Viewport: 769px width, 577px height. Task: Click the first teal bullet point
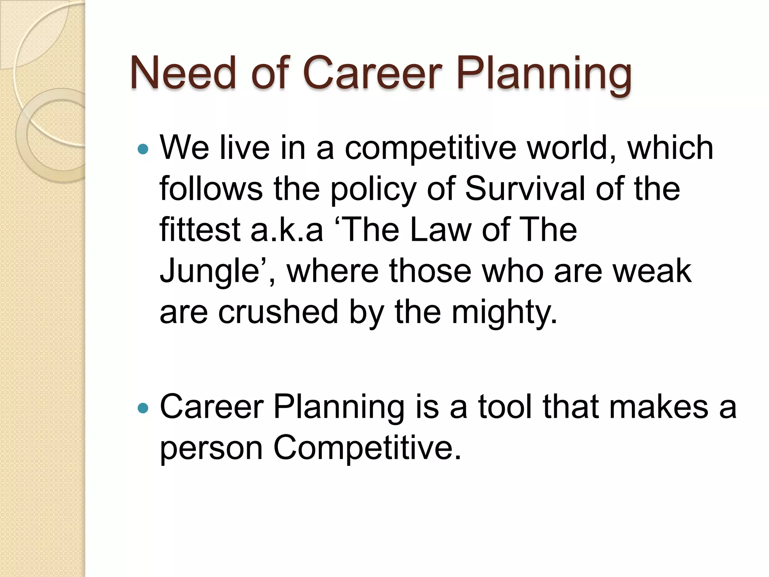143,149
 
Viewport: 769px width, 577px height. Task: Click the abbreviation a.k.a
286,230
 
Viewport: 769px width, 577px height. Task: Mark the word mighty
503,313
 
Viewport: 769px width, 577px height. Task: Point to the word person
211,449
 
